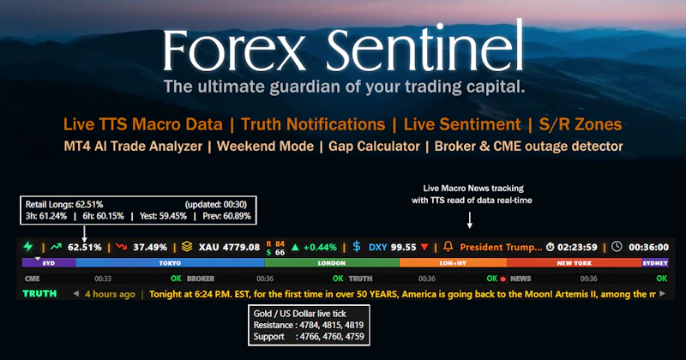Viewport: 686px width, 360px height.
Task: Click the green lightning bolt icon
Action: tap(29, 247)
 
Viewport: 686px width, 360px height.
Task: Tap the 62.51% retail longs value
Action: tap(84, 247)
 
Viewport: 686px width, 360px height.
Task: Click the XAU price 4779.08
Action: tap(229, 247)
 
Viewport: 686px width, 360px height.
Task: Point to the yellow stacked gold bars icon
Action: tap(186, 247)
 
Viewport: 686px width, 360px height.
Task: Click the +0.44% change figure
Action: tap(321, 247)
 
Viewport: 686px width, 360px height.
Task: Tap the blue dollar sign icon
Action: tap(357, 247)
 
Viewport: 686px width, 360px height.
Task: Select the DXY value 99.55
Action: tap(403, 247)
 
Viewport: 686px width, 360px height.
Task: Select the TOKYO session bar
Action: tap(170, 263)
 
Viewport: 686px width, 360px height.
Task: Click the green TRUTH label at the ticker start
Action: tap(39, 294)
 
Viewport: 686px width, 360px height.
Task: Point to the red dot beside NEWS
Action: tap(503, 279)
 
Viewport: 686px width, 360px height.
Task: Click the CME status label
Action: tap(33, 279)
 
